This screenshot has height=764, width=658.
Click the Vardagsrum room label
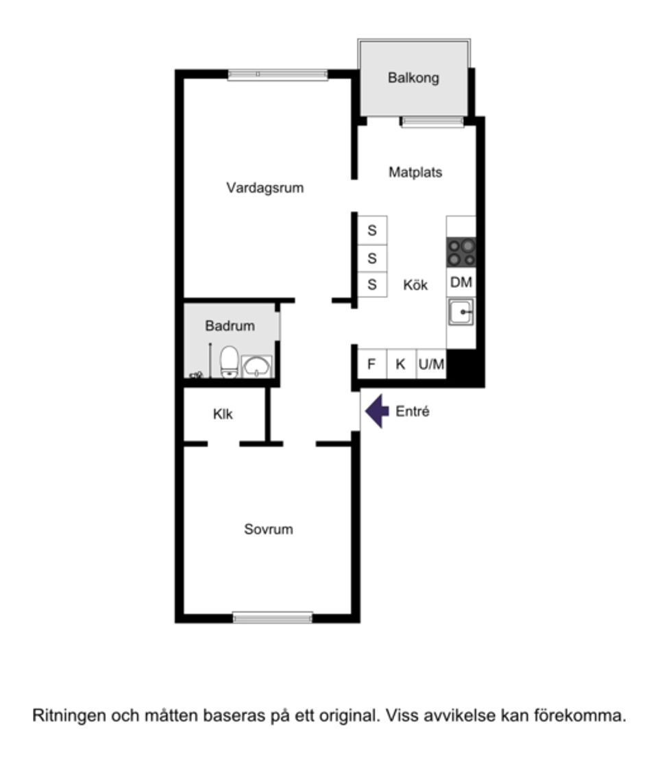pos(265,188)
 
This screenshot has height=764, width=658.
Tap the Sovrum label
pos(269,529)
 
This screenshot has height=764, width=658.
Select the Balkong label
pos(413,78)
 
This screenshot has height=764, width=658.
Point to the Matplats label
pos(415,172)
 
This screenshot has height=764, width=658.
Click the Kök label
pos(415,284)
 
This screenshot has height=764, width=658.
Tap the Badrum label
pos(230,325)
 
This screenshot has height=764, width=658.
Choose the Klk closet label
pos(223,414)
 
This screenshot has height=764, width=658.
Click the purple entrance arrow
pos(377,411)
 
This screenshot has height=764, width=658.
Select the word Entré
pos(413,411)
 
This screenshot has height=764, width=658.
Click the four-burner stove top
pos(461,252)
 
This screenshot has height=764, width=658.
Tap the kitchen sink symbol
pos(461,312)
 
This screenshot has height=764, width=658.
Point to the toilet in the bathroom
pos(229,362)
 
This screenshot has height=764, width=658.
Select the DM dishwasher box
pos(461,282)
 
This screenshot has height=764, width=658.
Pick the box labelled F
pos(372,363)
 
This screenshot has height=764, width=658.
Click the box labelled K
pos(401,363)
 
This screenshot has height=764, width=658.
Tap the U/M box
pos(431,363)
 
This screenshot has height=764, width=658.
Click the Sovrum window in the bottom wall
pos(273,617)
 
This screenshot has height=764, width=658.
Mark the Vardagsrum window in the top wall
pos(278,74)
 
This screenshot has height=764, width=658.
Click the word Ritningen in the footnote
pos(69,716)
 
